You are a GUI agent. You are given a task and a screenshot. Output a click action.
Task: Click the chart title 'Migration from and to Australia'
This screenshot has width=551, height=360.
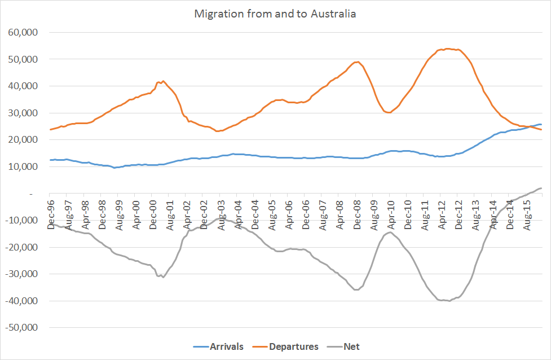[x=275, y=14]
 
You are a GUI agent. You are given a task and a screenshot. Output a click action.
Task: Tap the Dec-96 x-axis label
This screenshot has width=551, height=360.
[x=51, y=216]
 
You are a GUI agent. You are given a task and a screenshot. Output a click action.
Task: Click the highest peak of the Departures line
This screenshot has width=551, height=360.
[x=447, y=49]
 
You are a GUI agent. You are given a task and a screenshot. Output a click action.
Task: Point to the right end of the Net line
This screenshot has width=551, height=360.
[x=541, y=188]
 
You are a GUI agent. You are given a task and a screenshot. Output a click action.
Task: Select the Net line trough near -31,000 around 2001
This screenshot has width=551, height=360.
[x=163, y=277]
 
